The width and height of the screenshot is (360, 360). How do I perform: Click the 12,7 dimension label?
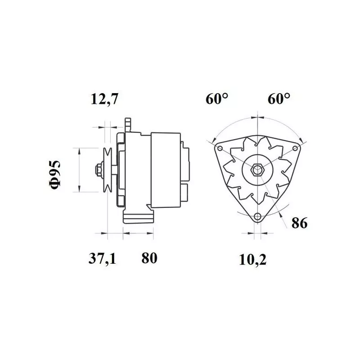[x=104, y=99]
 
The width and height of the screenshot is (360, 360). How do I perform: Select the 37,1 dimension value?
[x=103, y=258]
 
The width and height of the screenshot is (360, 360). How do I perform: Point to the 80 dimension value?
[x=149, y=258]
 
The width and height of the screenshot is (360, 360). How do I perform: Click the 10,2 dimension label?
[x=253, y=260]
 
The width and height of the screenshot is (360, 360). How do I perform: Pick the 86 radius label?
[x=299, y=223]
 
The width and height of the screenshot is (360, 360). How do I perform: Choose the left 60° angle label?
[x=217, y=99]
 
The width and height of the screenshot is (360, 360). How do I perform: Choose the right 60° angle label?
[x=279, y=99]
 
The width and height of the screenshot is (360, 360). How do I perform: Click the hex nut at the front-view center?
[x=257, y=170]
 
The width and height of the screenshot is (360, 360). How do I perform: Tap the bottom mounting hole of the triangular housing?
[x=257, y=216]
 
